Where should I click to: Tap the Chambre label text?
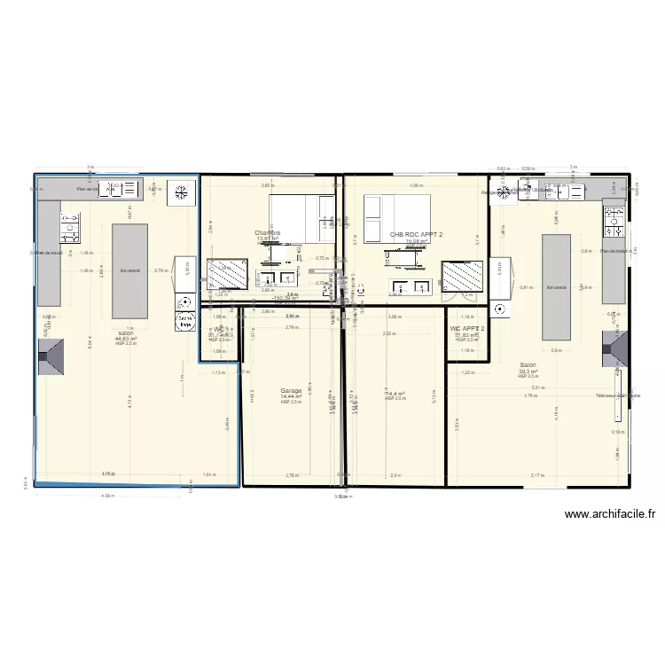[x=267, y=233]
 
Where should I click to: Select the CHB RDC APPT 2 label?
[x=416, y=235]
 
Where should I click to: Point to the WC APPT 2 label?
[x=466, y=329]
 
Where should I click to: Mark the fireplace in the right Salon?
[x=615, y=348]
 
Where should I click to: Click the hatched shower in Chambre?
[x=227, y=274]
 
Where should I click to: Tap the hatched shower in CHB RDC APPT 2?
[x=462, y=276]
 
